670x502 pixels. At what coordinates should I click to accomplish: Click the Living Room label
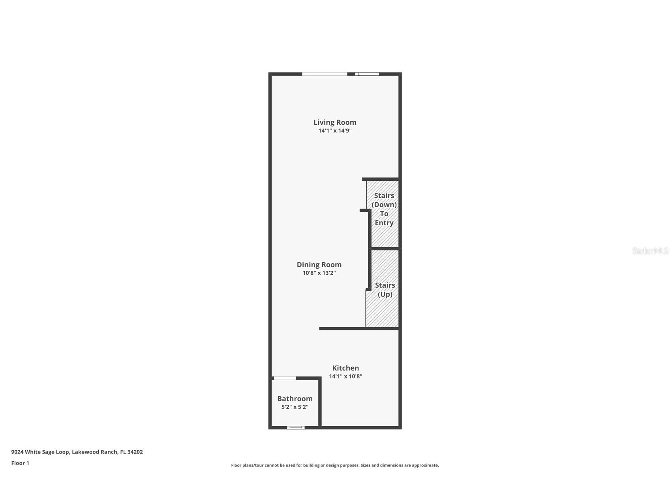(x=335, y=122)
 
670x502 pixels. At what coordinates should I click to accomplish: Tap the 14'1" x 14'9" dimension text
(x=335, y=131)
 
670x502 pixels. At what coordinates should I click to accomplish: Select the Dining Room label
(x=319, y=264)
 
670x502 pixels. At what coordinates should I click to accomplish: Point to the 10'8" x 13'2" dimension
(x=319, y=273)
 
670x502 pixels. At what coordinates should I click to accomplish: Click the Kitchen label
(x=345, y=368)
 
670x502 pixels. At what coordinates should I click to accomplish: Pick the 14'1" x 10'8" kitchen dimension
(x=345, y=376)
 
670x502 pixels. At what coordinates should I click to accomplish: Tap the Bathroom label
(x=295, y=399)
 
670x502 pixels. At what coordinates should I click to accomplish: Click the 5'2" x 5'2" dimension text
(x=295, y=407)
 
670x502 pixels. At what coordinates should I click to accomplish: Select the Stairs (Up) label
(x=385, y=290)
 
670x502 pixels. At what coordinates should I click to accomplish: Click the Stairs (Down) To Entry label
(x=384, y=209)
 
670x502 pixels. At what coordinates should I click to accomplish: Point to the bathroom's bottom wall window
(x=296, y=427)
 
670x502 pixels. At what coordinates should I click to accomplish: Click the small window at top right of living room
(x=367, y=74)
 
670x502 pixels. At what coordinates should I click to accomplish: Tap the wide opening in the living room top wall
(x=325, y=74)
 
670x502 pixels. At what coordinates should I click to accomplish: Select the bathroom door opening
(x=285, y=378)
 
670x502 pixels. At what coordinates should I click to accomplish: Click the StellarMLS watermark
(x=650, y=251)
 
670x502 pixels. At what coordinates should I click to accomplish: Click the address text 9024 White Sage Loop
(x=40, y=452)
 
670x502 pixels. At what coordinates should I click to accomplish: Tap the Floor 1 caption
(x=20, y=463)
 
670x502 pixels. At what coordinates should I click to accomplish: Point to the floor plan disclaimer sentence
(x=335, y=465)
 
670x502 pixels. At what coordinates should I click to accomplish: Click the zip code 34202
(x=135, y=452)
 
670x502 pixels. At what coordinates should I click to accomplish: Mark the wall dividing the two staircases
(x=384, y=249)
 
